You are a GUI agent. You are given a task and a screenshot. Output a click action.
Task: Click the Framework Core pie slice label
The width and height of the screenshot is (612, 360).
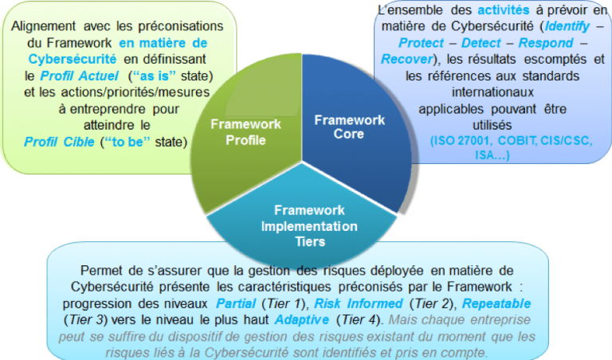point(349,127)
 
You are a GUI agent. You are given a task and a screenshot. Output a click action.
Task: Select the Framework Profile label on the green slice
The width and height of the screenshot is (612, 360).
point(245,132)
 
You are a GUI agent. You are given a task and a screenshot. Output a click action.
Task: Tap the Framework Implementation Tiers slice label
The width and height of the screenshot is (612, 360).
point(309,226)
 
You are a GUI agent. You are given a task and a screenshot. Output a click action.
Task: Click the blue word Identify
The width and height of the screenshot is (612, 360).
point(567,26)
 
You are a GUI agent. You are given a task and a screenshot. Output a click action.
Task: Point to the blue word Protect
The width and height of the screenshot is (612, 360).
point(421,43)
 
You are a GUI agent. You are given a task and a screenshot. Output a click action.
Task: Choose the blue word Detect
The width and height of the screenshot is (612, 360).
point(481,43)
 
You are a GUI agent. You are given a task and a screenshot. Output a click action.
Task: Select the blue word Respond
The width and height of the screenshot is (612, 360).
point(546,43)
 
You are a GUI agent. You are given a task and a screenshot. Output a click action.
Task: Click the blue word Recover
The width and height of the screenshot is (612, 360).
point(407,59)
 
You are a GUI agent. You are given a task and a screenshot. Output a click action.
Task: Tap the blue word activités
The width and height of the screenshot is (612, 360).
point(504,10)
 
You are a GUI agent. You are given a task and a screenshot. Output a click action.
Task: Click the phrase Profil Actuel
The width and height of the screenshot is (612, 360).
point(79,76)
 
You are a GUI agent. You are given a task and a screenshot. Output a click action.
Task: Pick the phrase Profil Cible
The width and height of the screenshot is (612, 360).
point(59,142)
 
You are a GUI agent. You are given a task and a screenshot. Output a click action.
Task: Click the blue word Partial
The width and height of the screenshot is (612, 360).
point(236,303)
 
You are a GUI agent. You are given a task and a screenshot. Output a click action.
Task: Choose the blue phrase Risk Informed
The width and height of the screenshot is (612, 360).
point(359,303)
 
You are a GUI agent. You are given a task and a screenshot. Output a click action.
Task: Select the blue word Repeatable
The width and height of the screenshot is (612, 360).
point(496,303)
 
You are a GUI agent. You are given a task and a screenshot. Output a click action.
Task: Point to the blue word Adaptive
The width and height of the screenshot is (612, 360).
point(302,320)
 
